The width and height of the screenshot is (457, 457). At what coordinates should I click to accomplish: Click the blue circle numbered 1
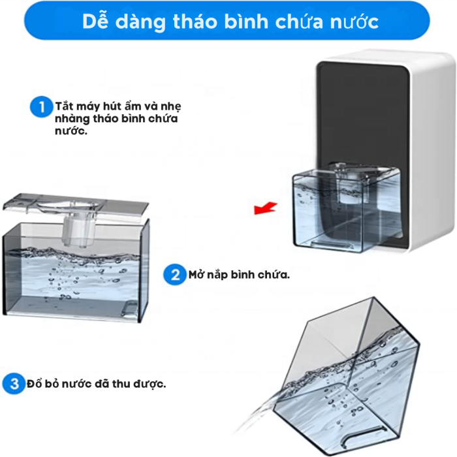pos(41,106)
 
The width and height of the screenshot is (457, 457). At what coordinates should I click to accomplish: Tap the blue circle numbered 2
pos(174,274)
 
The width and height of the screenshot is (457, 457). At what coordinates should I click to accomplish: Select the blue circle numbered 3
pos(14,383)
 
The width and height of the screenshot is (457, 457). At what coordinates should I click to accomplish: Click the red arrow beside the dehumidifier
pos(265,208)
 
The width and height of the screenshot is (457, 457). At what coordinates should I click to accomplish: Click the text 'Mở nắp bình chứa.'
pos(238,274)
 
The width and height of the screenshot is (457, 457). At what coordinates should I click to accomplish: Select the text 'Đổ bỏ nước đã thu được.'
pos(96,383)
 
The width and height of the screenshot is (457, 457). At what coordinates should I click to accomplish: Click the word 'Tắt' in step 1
pos(63,106)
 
